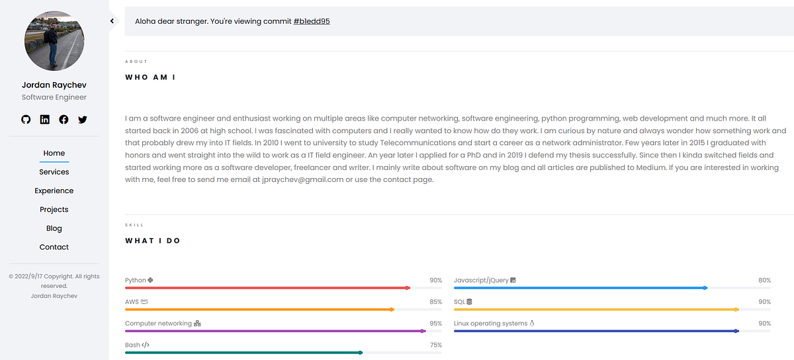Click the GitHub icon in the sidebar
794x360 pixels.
tap(26, 120)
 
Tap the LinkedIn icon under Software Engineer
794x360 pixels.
tap(45, 120)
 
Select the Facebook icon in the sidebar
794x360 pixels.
tap(64, 120)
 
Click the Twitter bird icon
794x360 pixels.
tap(83, 120)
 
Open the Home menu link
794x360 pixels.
tap(54, 153)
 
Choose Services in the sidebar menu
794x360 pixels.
tap(54, 172)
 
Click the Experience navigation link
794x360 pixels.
tap(54, 191)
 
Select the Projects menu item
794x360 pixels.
tap(54, 209)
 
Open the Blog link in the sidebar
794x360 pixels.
tap(54, 228)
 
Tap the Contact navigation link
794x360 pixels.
tap(54, 247)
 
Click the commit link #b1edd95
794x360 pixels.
tap(312, 21)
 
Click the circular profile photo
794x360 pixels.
tap(54, 41)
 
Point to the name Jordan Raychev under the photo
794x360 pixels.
tap(54, 85)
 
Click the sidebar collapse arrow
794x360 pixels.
tap(112, 21)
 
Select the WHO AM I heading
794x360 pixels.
tap(150, 77)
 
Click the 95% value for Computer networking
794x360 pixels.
tap(435, 324)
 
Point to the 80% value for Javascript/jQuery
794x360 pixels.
tap(764, 281)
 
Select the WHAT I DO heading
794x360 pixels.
tap(153, 241)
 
